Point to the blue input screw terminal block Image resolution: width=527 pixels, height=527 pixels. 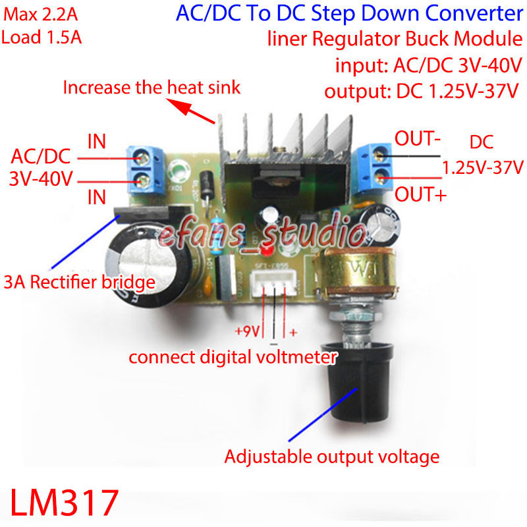pos(146,168)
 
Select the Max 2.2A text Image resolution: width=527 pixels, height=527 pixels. pos(40,13)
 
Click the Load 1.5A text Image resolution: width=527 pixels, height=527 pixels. pos(42,38)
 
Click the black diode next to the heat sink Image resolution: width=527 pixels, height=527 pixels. pos(208,184)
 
